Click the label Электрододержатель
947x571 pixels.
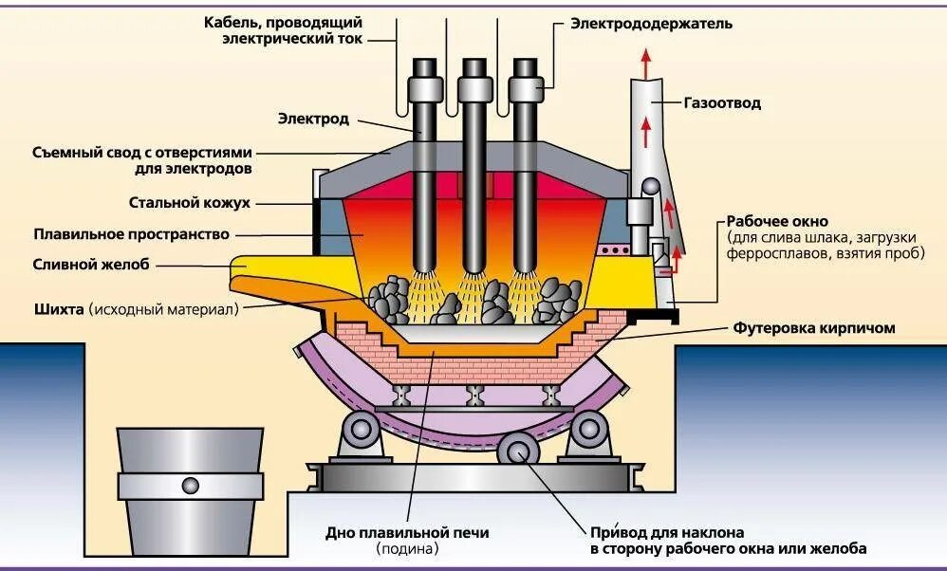tap(651, 23)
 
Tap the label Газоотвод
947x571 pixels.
tap(722, 102)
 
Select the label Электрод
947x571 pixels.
tap(313, 119)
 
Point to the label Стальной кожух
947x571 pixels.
tap(189, 202)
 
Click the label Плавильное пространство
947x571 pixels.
tap(131, 233)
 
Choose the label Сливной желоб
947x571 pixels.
tap(91, 265)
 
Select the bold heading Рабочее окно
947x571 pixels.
tap(777, 221)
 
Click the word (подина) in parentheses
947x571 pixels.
tap(407, 548)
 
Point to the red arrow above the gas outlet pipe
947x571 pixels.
tap(647, 64)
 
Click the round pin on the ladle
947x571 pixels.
tap(191, 485)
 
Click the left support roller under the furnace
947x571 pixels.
tap(361, 430)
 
